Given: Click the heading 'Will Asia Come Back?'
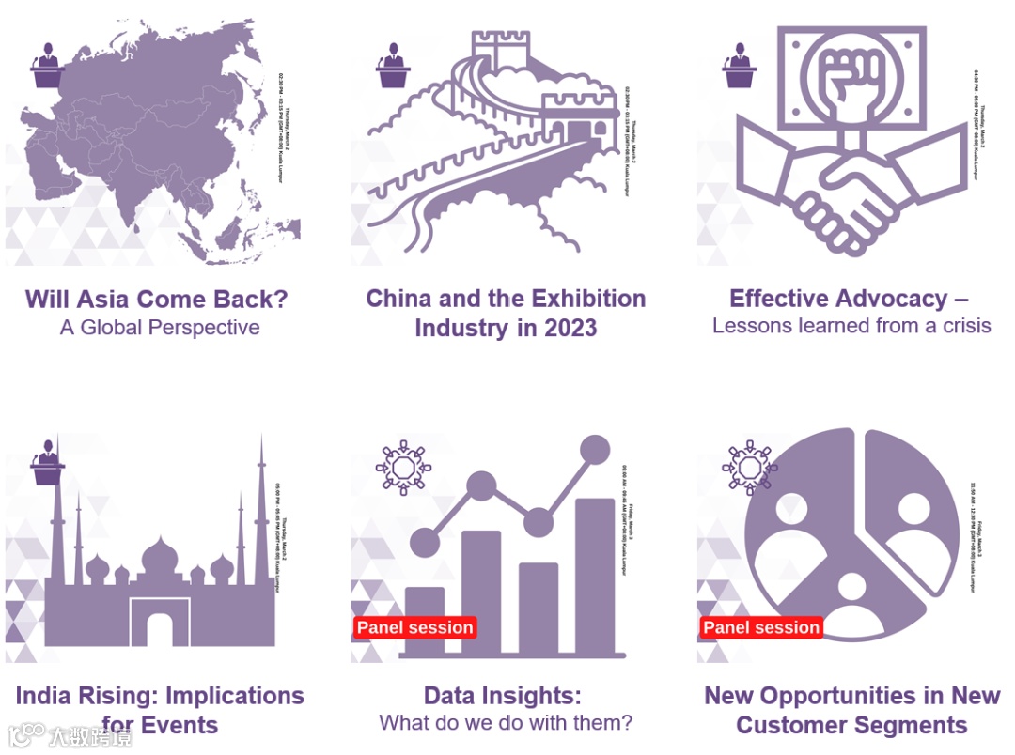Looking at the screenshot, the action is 156,300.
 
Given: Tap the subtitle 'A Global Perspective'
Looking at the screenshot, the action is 160,328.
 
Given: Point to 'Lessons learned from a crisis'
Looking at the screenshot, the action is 851,326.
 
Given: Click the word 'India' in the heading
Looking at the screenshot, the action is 44,696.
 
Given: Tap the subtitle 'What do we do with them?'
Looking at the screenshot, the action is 506,723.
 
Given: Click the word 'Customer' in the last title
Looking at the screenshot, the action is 791,725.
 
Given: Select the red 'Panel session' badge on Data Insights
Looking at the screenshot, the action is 415,627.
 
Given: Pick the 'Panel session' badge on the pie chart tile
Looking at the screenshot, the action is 761,627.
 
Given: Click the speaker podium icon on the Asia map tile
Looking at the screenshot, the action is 47,66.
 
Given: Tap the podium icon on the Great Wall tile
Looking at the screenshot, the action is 393,66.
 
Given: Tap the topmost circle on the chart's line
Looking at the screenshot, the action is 595,450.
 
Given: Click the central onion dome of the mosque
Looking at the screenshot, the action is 159,558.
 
